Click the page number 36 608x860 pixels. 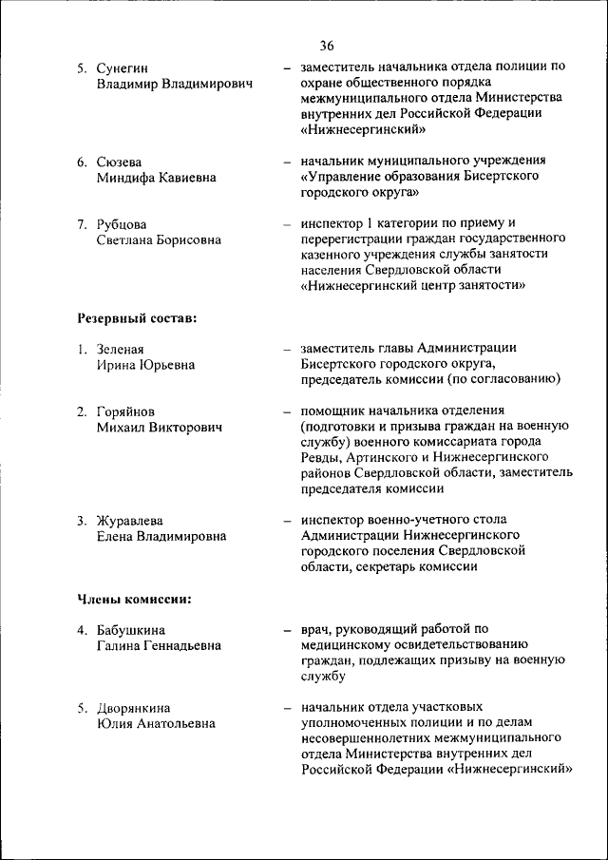click(x=327, y=46)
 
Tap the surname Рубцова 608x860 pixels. click(x=122, y=224)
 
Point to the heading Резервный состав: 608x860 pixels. click(x=137, y=317)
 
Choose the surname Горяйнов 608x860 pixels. click(x=125, y=411)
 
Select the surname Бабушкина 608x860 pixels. click(x=130, y=629)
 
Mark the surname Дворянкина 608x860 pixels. click(x=133, y=707)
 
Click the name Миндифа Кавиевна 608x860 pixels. click(x=156, y=177)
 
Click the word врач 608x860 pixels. click(x=315, y=629)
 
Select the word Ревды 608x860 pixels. click(x=321, y=458)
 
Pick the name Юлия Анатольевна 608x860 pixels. click(x=156, y=723)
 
